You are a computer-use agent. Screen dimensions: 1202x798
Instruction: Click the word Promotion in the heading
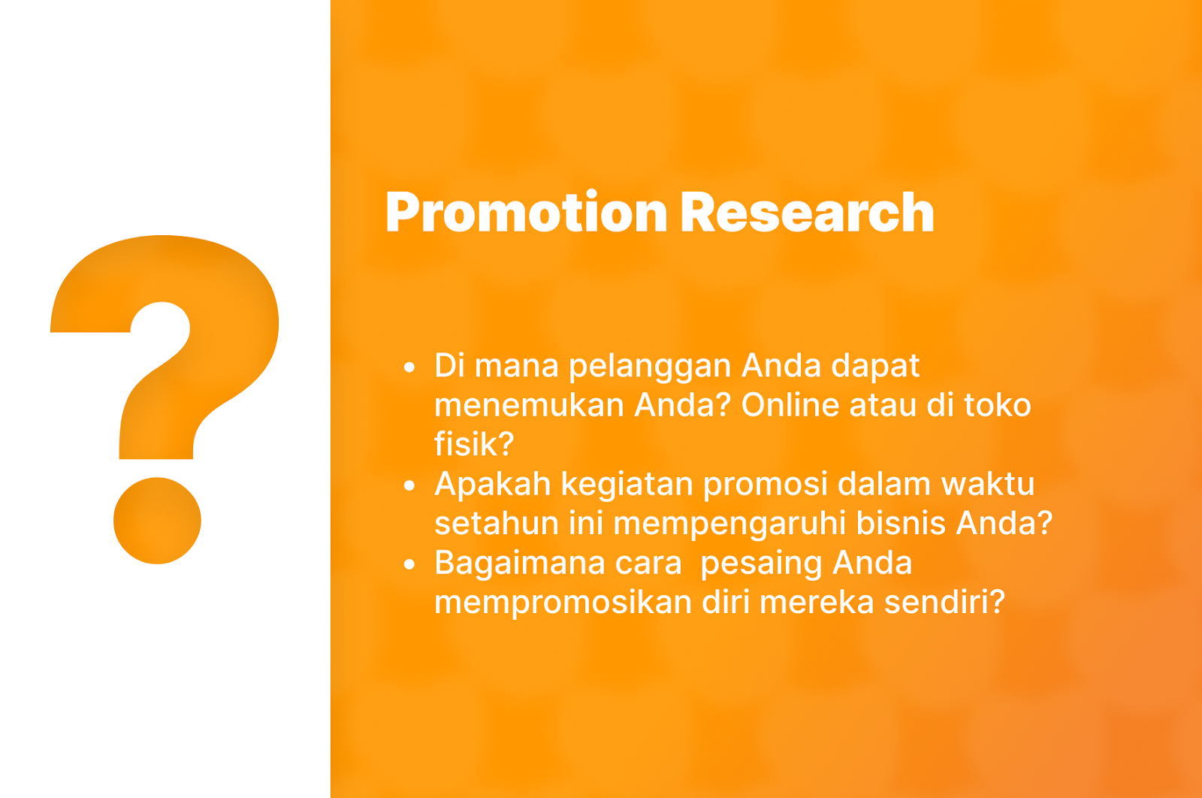point(527,213)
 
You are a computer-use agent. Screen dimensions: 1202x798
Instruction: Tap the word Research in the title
point(808,213)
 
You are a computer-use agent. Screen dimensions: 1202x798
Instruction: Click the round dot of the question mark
point(157,521)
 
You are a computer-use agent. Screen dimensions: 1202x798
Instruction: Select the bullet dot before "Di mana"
point(409,367)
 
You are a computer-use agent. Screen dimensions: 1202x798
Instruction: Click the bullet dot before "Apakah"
point(409,485)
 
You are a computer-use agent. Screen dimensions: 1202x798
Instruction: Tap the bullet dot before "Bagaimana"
point(409,564)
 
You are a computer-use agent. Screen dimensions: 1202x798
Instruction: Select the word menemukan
point(529,405)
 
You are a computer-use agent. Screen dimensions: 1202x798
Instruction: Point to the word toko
point(998,405)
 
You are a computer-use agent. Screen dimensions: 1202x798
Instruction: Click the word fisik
point(467,444)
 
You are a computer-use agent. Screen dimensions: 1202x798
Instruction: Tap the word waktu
point(988,484)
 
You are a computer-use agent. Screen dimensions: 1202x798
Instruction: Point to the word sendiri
point(937,602)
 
